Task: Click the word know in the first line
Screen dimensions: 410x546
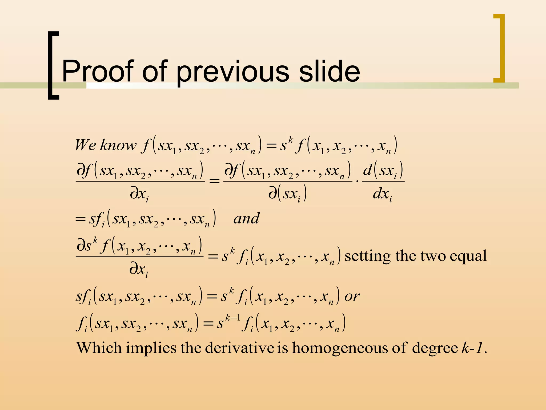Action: coord(118,145)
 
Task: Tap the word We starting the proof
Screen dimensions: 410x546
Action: coord(86,145)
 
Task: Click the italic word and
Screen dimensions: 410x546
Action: coord(246,219)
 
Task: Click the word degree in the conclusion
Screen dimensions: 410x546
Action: coord(435,348)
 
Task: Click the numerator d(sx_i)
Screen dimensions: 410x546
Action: coord(383,170)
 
